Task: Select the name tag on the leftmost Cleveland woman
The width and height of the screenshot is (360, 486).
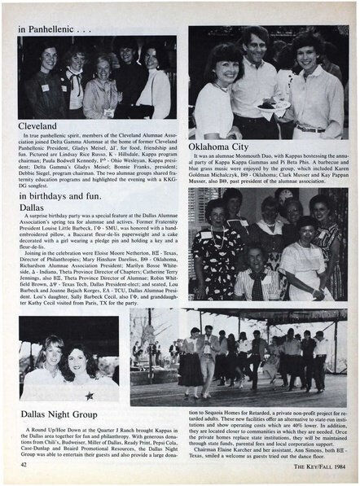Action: (46, 86)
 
